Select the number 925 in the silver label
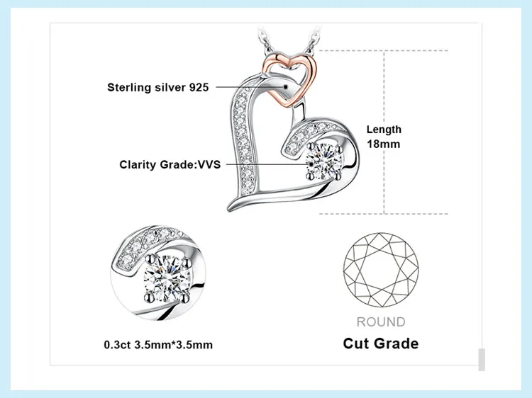click(199, 88)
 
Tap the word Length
click(384, 130)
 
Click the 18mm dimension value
click(383, 144)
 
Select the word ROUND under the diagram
click(381, 322)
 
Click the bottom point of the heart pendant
click(233, 208)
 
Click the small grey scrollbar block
click(482, 359)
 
